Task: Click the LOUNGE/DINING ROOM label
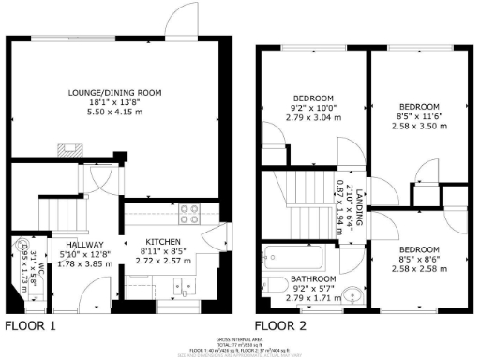114,91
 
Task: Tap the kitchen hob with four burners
188,213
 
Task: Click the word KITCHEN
169,242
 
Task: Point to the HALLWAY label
96,241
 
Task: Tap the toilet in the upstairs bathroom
273,286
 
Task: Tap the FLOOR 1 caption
31,326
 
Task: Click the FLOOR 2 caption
279,326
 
